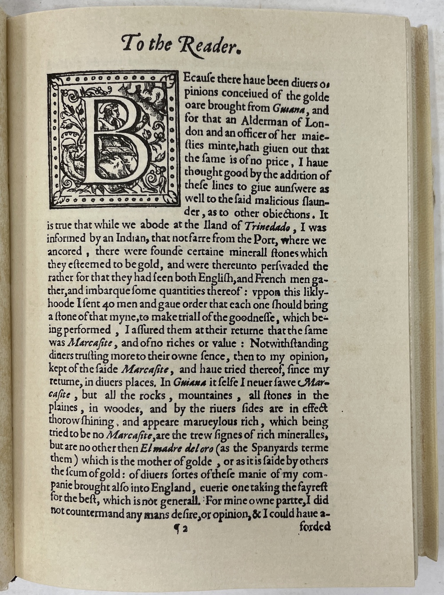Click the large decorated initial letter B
pos(115,141)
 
